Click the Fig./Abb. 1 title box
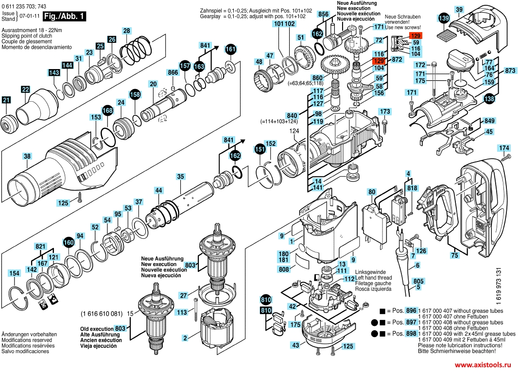pos(64,16)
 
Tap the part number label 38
pos(27,156)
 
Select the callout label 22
pos(25,89)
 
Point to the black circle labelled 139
pos(444,18)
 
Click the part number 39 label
pos(459,9)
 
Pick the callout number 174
pos(504,147)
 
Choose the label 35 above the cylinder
pos(180,176)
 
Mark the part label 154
pos(14,273)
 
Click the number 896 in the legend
pos(411,310)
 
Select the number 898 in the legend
pos(411,334)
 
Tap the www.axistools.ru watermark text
pos(484,364)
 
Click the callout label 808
pos(284,269)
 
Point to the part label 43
pos(295,344)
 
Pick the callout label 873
pos(510,71)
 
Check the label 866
pos(173,72)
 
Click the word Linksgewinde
pos(370,271)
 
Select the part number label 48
pos(259,62)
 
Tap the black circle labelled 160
pos(68,242)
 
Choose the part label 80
pos(372,192)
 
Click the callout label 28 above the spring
pos(126,31)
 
